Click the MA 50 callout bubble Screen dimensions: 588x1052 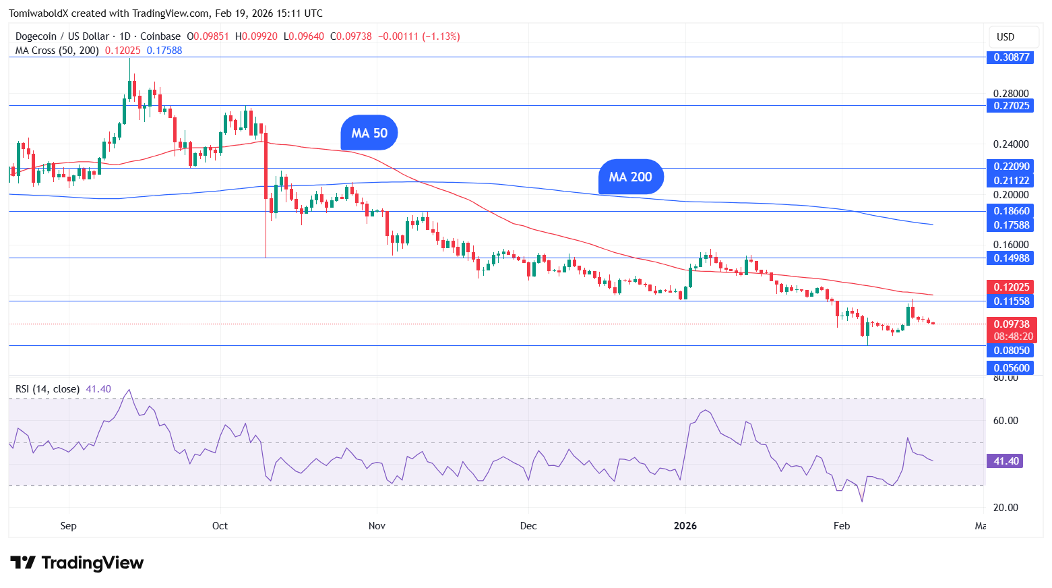click(x=369, y=133)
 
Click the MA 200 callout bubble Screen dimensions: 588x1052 click(x=630, y=177)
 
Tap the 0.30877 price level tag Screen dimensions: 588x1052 click(x=1011, y=57)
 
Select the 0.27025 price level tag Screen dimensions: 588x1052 click(x=1011, y=106)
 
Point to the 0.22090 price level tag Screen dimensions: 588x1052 click(x=1011, y=167)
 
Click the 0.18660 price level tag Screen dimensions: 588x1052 click(x=1011, y=211)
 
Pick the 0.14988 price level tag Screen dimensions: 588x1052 click(x=1011, y=258)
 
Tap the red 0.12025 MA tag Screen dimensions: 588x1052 click(x=1011, y=287)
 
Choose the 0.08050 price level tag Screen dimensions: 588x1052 click(x=1011, y=351)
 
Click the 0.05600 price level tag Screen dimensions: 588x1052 click(x=1011, y=368)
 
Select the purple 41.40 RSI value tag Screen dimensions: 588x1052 click(x=1005, y=461)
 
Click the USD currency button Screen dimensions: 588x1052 click(x=1005, y=37)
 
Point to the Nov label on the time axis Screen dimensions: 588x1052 click(x=377, y=526)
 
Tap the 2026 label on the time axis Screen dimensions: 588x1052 click(x=685, y=526)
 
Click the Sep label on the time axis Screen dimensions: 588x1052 click(x=68, y=526)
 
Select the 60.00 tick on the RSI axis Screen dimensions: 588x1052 click(x=1005, y=421)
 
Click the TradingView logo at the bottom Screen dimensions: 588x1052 click(x=77, y=563)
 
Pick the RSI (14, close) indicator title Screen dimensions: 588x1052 click(x=47, y=389)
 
